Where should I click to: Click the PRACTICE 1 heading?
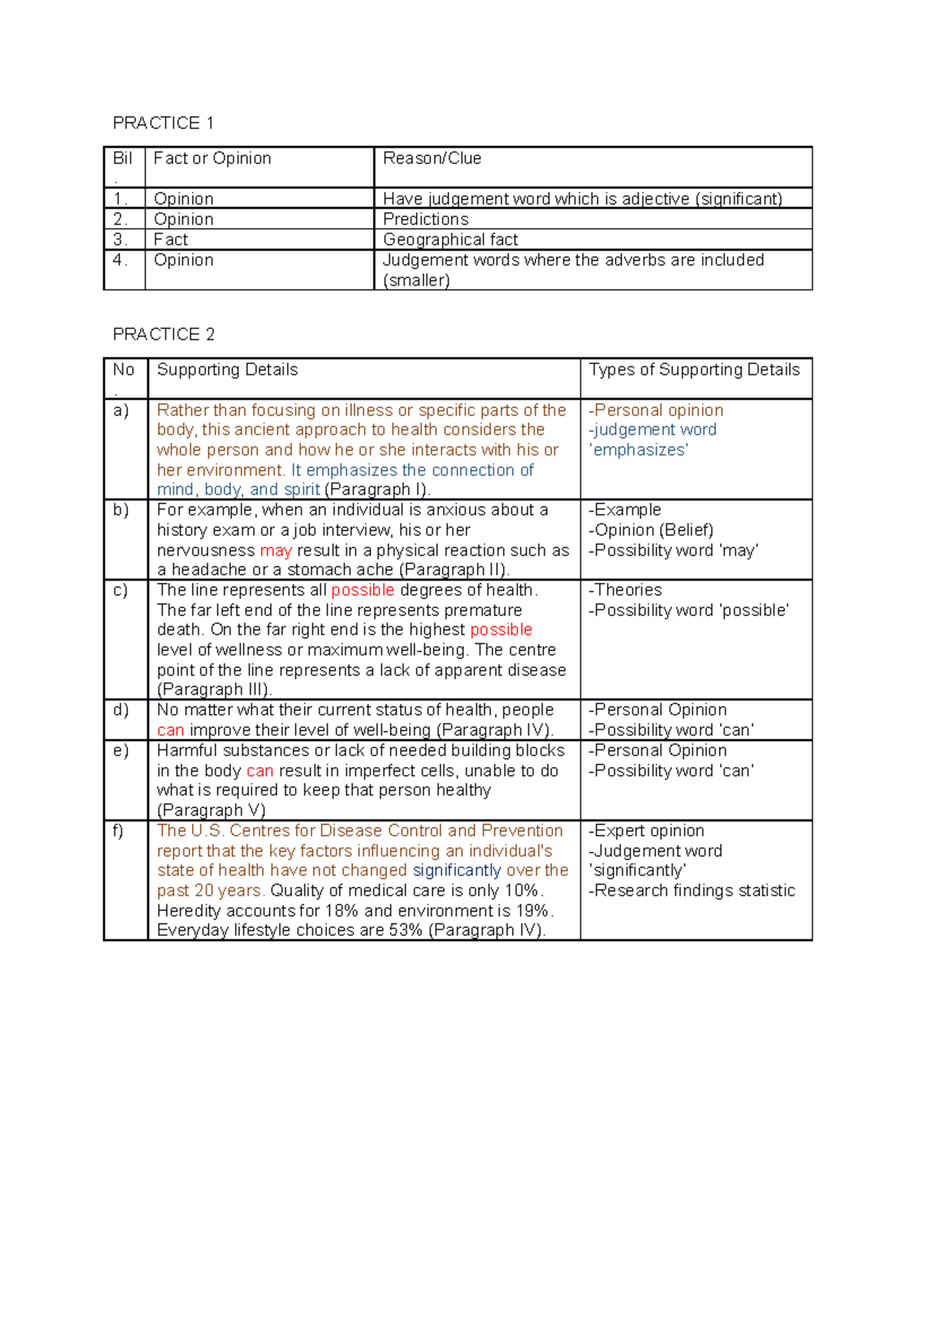(163, 123)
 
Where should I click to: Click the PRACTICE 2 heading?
(163, 335)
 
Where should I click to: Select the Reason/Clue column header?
(432, 159)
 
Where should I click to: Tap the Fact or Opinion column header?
(212, 159)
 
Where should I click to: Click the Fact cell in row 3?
(170, 240)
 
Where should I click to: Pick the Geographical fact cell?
(450, 240)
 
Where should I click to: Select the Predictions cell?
(426, 219)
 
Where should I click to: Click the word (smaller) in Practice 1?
(416, 281)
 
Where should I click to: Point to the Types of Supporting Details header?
(693, 370)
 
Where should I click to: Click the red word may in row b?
(276, 551)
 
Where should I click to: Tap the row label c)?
(121, 590)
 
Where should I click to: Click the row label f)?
(118, 831)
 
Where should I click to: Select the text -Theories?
(626, 590)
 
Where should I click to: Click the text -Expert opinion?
(646, 831)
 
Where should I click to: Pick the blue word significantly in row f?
(457, 871)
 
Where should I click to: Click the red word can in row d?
(170, 731)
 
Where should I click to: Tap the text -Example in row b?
(625, 510)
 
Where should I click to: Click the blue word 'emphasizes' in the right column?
(638, 450)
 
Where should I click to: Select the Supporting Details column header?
(227, 370)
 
